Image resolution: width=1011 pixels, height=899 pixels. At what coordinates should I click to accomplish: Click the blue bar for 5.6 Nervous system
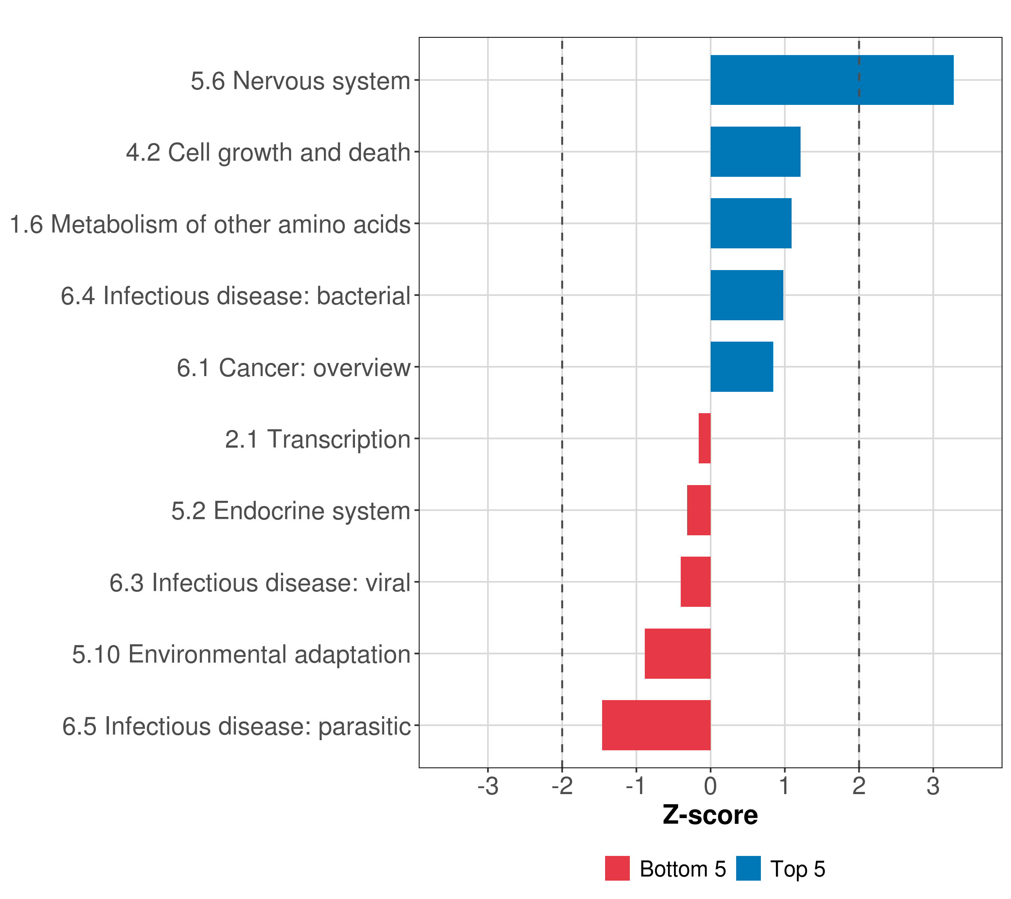831,80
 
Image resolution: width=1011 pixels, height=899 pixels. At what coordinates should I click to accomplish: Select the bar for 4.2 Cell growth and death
755,152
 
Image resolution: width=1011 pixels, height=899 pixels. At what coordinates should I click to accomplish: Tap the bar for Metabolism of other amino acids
751,223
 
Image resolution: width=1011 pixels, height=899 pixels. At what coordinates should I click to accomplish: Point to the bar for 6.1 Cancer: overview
741,367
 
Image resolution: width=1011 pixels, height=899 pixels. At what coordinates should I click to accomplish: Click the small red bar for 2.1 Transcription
705,438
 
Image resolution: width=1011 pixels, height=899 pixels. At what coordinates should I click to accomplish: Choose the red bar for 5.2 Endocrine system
699,510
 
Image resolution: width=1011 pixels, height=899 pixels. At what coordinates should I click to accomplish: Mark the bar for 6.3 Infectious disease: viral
695,582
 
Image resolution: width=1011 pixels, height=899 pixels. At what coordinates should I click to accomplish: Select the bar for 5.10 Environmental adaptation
678,654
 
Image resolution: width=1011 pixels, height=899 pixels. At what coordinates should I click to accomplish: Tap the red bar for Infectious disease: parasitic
656,725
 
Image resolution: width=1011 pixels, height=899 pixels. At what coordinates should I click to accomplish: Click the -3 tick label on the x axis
488,787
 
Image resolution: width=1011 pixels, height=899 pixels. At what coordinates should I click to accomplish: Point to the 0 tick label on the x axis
710,787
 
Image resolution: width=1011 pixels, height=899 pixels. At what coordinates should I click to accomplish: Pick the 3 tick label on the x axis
933,787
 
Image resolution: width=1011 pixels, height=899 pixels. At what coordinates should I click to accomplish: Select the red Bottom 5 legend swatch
617,868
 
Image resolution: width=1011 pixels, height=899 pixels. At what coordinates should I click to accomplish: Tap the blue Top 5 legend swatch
749,868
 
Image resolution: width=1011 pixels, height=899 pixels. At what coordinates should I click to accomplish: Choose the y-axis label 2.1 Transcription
318,439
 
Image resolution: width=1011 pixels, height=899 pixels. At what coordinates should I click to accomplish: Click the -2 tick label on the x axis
562,787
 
